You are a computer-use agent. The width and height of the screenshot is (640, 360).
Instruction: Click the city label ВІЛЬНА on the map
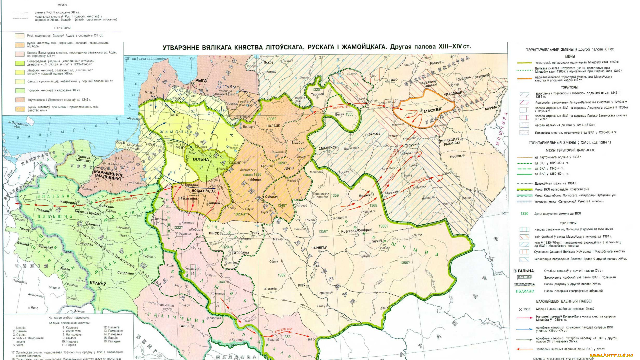pyautogui.click(x=201, y=159)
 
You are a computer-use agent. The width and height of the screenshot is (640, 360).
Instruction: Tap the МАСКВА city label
pyautogui.click(x=432, y=110)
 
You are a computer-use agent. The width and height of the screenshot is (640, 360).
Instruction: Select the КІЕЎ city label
pyautogui.click(x=301, y=285)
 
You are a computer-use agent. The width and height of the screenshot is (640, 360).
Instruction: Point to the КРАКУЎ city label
pyautogui.click(x=98, y=283)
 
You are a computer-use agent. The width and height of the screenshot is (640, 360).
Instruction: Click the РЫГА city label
pyautogui.click(x=201, y=81)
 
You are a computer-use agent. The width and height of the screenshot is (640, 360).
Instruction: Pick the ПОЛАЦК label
pyautogui.click(x=273, y=126)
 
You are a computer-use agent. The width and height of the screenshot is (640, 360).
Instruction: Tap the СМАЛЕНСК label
pyautogui.click(x=328, y=148)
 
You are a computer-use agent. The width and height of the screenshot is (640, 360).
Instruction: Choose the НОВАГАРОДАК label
pyautogui.click(x=203, y=191)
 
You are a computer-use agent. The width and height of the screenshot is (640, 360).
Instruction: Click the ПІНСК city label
pyautogui.click(x=214, y=233)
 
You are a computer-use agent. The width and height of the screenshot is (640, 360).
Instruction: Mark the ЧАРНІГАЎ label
pyautogui.click(x=319, y=248)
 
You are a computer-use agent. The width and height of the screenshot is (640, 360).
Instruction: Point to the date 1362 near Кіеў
pyautogui.click(x=281, y=275)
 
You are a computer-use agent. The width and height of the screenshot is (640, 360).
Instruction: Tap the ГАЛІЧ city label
pyautogui.click(x=184, y=326)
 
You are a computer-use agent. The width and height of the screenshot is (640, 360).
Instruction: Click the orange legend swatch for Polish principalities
pyautogui.click(x=20, y=91)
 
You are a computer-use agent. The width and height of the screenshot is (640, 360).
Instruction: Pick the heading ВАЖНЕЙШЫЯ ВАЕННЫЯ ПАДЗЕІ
pyautogui.click(x=564, y=301)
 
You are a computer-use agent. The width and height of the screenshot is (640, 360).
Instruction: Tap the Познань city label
pyautogui.click(x=43, y=210)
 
